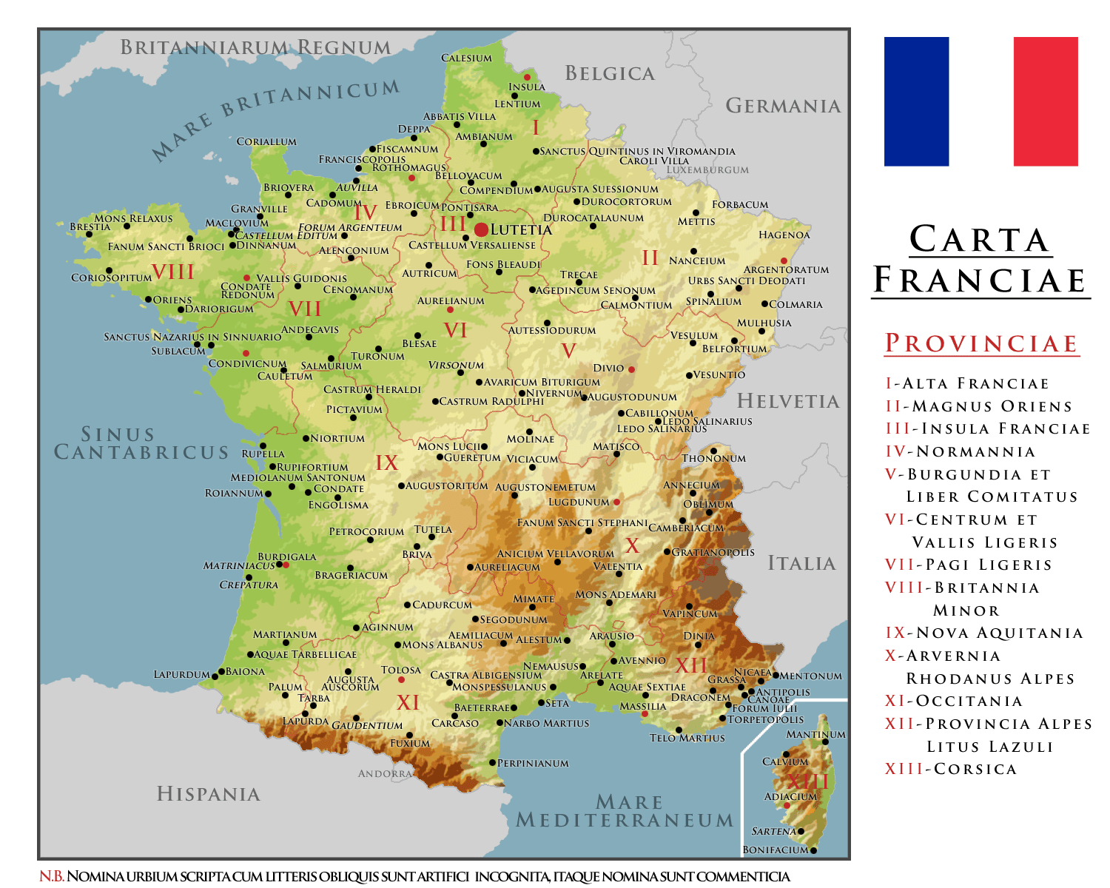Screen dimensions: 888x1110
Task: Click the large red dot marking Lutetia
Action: coord(481,229)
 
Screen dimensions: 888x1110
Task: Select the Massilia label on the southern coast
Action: coord(642,706)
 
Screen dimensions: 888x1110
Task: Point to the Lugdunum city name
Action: coord(579,502)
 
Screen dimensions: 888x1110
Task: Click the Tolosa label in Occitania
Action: coord(400,670)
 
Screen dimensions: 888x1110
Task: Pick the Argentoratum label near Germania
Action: coord(786,270)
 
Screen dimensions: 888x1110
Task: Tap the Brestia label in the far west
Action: coord(90,226)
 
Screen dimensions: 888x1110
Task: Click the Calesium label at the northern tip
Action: coord(466,58)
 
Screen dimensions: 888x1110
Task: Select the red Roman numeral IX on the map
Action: coord(386,463)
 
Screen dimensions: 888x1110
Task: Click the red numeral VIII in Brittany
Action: coord(172,272)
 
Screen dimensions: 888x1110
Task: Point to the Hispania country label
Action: coord(209,794)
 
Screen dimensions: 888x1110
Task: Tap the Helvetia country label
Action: coord(788,401)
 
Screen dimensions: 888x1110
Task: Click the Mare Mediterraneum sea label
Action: coord(625,812)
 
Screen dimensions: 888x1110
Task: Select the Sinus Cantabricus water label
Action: coord(141,443)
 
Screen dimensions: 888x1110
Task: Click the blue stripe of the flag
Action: coord(916,101)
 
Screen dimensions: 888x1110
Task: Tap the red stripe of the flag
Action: coord(1046,101)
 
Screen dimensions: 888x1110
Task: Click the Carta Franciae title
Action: coord(980,260)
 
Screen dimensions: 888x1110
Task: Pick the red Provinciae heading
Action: coord(981,343)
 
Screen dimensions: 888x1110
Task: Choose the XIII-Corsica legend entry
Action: coord(951,769)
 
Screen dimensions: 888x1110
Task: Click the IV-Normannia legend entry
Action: coord(960,451)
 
